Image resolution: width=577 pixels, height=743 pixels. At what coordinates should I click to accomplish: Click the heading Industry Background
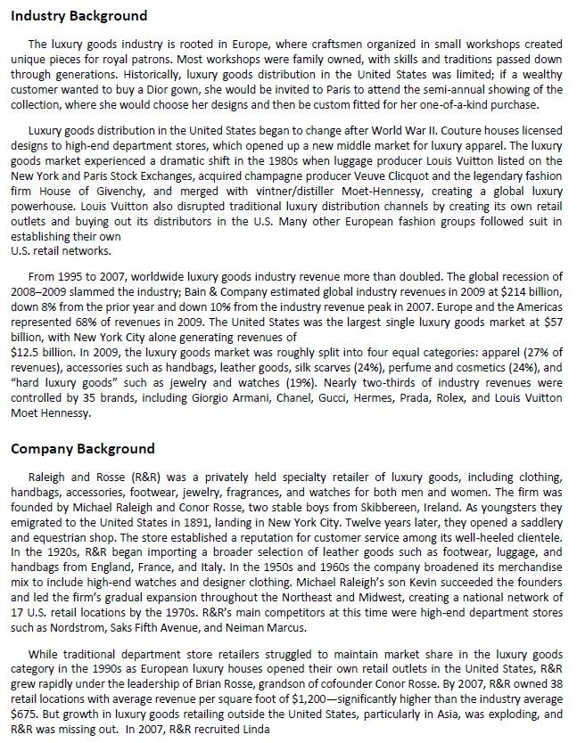pos(79,16)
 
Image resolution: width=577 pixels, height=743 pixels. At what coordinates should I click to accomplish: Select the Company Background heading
pos(83,448)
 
